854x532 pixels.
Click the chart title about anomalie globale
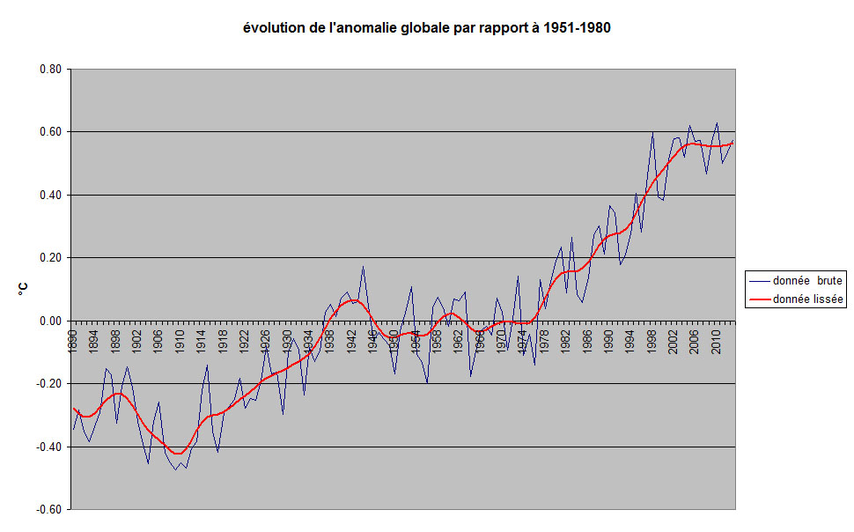click(x=427, y=28)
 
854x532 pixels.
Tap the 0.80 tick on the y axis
click(x=49, y=70)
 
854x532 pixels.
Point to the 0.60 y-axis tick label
click(x=49, y=132)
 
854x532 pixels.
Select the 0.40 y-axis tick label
click(x=49, y=196)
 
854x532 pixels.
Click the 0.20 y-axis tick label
click(x=49, y=258)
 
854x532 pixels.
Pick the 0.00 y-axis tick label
click(x=49, y=321)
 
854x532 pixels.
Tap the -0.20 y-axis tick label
click(x=48, y=384)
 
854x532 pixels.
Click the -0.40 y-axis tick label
click(x=48, y=447)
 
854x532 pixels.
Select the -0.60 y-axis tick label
click(x=48, y=510)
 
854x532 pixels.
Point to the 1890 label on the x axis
click(x=75, y=339)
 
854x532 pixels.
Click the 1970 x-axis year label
click(x=501, y=339)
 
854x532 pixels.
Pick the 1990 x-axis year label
click(x=607, y=339)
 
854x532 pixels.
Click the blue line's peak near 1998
click(x=652, y=132)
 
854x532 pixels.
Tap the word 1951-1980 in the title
click(x=576, y=28)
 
